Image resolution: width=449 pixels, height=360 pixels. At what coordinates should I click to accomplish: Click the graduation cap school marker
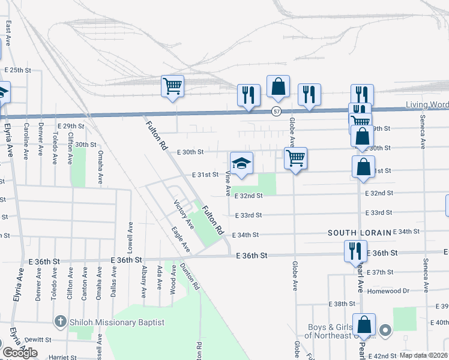(241, 163)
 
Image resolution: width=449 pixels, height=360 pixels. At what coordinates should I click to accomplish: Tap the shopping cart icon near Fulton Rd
(172, 86)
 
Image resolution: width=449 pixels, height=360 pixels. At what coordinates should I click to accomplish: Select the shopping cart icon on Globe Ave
(295, 158)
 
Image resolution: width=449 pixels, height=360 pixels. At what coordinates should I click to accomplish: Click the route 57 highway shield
(276, 111)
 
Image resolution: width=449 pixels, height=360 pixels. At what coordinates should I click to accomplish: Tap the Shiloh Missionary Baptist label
(116, 322)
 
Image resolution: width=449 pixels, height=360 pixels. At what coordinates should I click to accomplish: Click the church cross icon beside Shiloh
(60, 322)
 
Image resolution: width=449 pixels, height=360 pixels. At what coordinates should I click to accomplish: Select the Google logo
(20, 353)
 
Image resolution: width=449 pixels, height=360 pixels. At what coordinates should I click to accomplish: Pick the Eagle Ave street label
(180, 239)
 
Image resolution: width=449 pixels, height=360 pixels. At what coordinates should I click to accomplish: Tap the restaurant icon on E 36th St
(355, 250)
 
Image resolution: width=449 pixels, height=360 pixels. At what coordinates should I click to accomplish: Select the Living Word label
(427, 105)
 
